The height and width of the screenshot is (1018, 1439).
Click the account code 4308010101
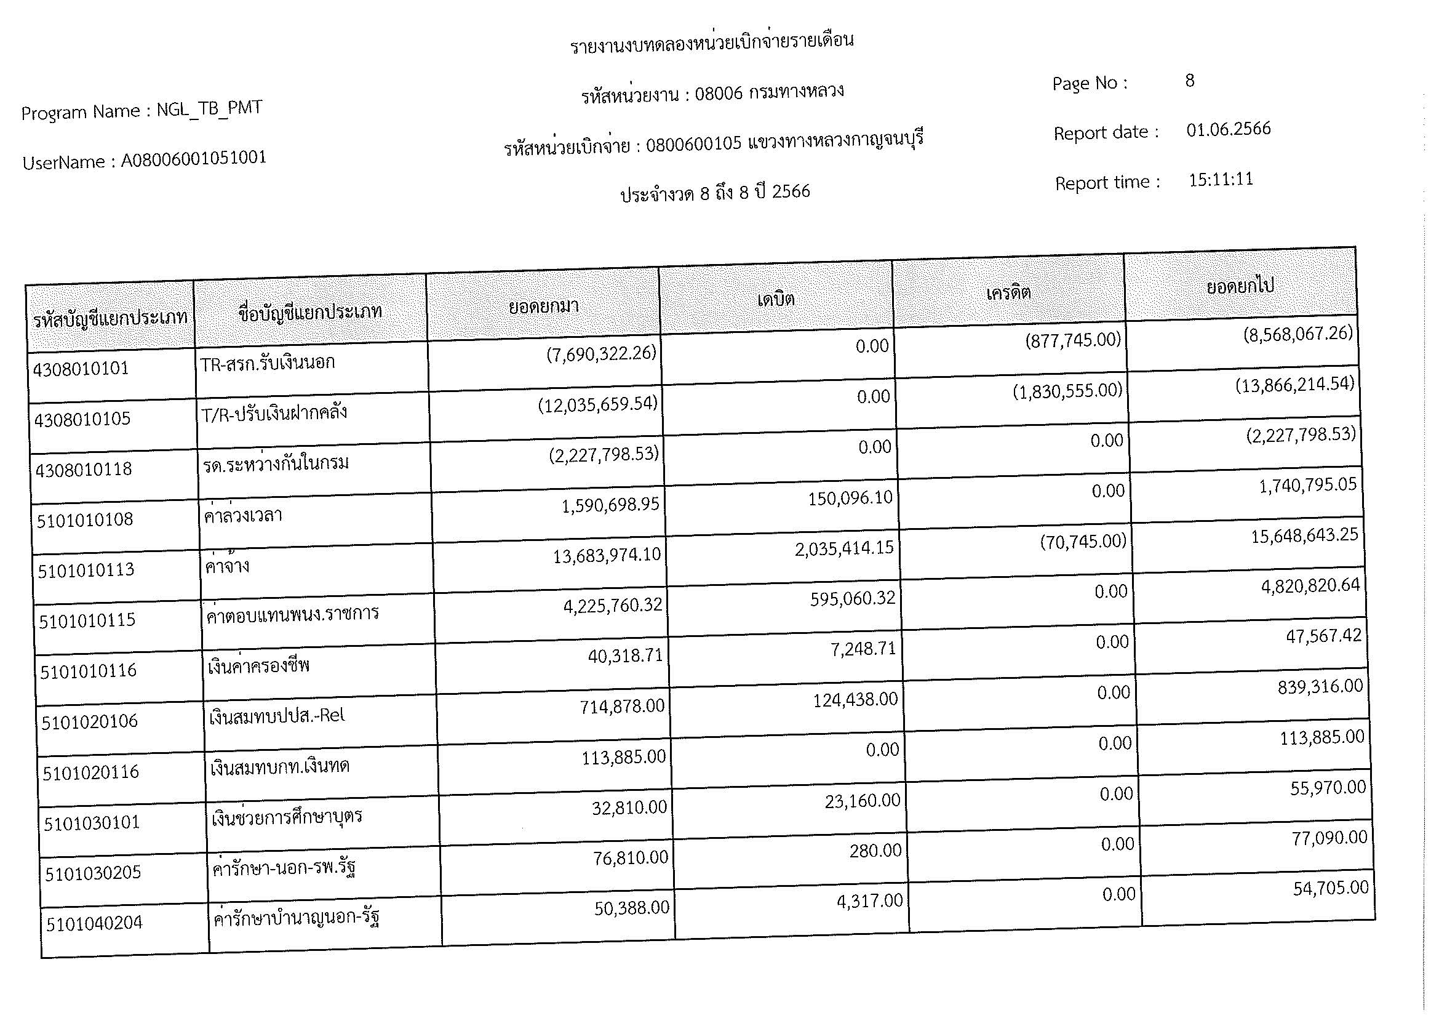[80, 369]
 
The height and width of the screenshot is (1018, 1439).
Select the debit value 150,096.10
[850, 498]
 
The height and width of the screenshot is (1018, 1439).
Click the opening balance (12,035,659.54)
[598, 404]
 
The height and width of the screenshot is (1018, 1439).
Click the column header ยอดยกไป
[1240, 286]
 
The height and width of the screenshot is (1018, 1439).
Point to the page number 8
[1190, 81]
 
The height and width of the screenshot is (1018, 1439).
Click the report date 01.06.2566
[1229, 130]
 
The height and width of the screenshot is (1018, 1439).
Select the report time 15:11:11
[1221, 180]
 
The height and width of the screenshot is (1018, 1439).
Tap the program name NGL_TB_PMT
[209, 109]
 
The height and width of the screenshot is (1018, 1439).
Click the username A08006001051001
[194, 159]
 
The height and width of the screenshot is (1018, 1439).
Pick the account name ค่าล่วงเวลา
[243, 516]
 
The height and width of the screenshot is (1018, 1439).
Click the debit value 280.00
[875, 851]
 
